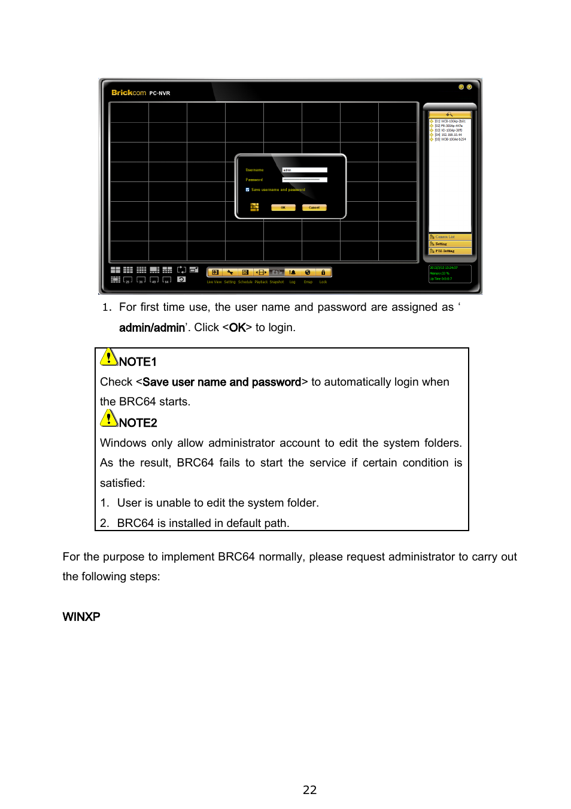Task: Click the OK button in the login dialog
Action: coord(283,208)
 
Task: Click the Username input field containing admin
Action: coord(305,170)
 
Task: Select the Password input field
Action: coord(305,180)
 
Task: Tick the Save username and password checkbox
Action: coord(248,190)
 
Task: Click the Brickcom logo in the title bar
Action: coord(129,93)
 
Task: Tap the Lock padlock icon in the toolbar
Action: coord(323,272)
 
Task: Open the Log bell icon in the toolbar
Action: coord(292,272)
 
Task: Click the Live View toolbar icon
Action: coord(215,272)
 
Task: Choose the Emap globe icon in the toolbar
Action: coord(308,272)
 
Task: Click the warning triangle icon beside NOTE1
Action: coord(108,357)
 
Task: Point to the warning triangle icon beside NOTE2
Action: coord(108,419)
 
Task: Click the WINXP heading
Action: coord(81,617)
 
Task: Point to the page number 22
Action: coord(309,790)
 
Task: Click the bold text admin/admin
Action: coord(152,328)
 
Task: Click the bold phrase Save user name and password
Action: coord(221,382)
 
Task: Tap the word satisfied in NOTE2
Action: coord(122,483)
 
